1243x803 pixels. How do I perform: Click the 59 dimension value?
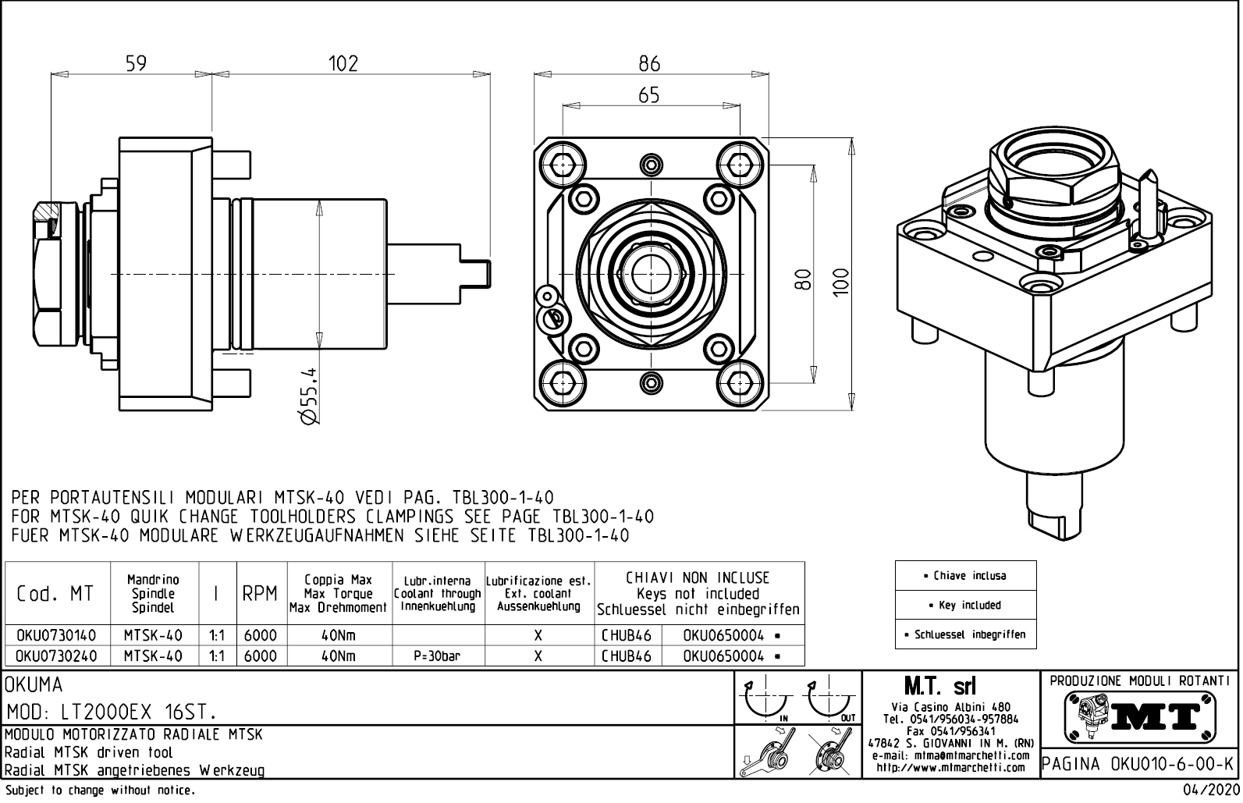click(136, 63)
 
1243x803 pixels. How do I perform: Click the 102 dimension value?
click(343, 63)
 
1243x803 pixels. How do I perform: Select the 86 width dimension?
click(649, 63)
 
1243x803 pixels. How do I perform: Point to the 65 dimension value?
click(649, 95)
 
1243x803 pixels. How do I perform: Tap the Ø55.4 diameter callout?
click(310, 396)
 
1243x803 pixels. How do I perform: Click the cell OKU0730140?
click(51, 636)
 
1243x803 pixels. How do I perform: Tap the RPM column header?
click(260, 594)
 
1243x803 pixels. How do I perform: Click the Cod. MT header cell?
click(55, 594)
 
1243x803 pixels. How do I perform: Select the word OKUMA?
click(34, 685)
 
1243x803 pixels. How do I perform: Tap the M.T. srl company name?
click(939, 687)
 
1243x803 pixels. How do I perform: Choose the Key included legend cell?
click(965, 605)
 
